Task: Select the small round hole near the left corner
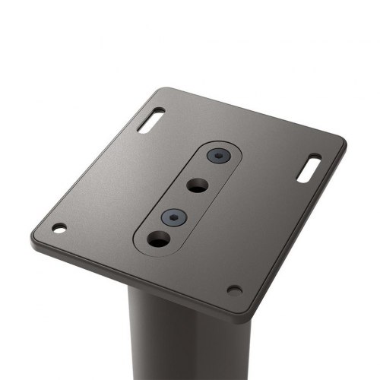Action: [59, 227]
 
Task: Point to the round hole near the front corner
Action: [234, 290]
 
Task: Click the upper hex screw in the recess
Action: [219, 157]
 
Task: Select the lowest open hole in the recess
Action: [159, 241]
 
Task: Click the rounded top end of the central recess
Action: [228, 144]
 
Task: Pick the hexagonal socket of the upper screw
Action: [219, 157]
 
